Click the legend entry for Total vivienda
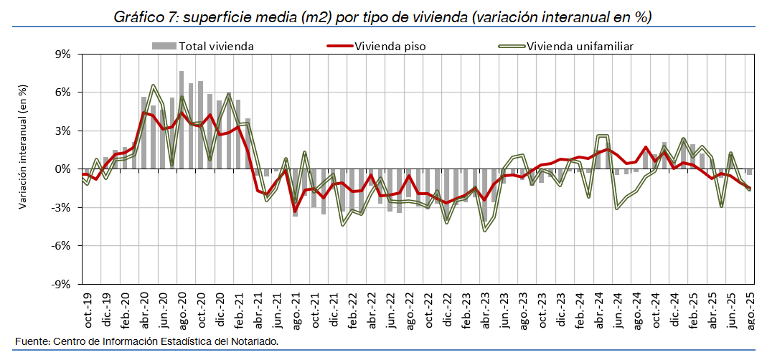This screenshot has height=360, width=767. (216, 47)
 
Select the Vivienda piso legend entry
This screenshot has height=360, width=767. (390, 47)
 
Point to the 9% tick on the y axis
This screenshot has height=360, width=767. (62, 55)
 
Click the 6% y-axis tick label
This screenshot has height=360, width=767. (62, 93)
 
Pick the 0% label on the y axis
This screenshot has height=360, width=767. (62, 169)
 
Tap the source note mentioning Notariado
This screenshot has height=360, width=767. (146, 341)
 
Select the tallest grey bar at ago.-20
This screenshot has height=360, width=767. (182, 119)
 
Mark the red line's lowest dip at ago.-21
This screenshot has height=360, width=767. (295, 212)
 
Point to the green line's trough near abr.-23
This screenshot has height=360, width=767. (485, 230)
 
